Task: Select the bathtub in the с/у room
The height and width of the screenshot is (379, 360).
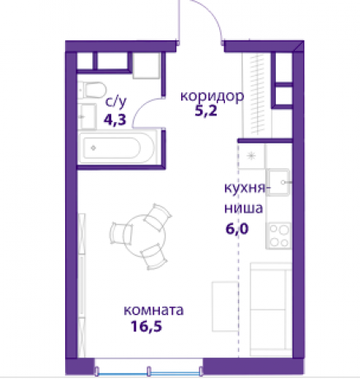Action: pyautogui.click(x=118, y=148)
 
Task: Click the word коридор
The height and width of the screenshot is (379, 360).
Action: pyautogui.click(x=213, y=96)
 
